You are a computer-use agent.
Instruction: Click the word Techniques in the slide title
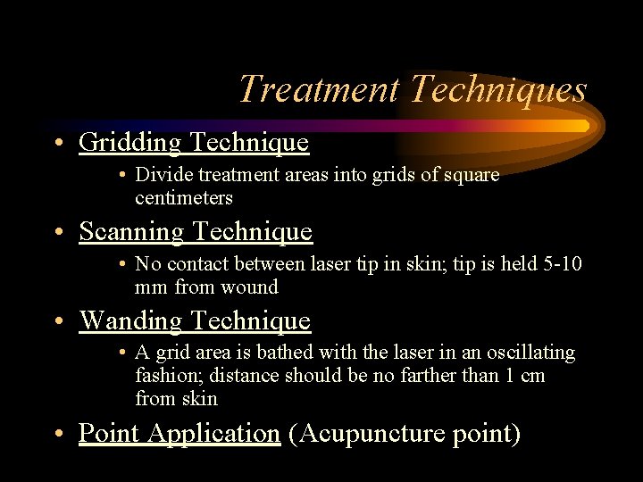tap(498, 90)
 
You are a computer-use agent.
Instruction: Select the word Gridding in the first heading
tap(131, 142)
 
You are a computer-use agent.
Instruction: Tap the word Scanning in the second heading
tap(132, 231)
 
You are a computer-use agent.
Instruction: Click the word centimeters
tap(184, 197)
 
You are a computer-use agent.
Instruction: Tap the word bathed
tap(270, 353)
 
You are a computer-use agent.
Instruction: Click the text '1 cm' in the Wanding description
tap(524, 376)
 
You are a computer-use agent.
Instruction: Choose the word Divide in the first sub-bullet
tap(162, 175)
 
